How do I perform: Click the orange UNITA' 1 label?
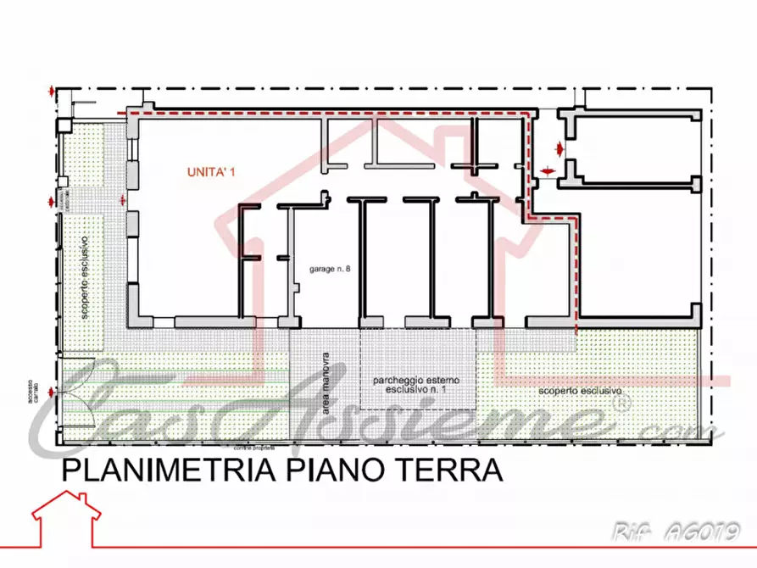(x=210, y=171)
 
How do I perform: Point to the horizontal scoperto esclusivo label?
(x=580, y=392)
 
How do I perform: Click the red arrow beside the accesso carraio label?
(x=53, y=392)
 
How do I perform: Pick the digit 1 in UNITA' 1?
(x=231, y=171)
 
